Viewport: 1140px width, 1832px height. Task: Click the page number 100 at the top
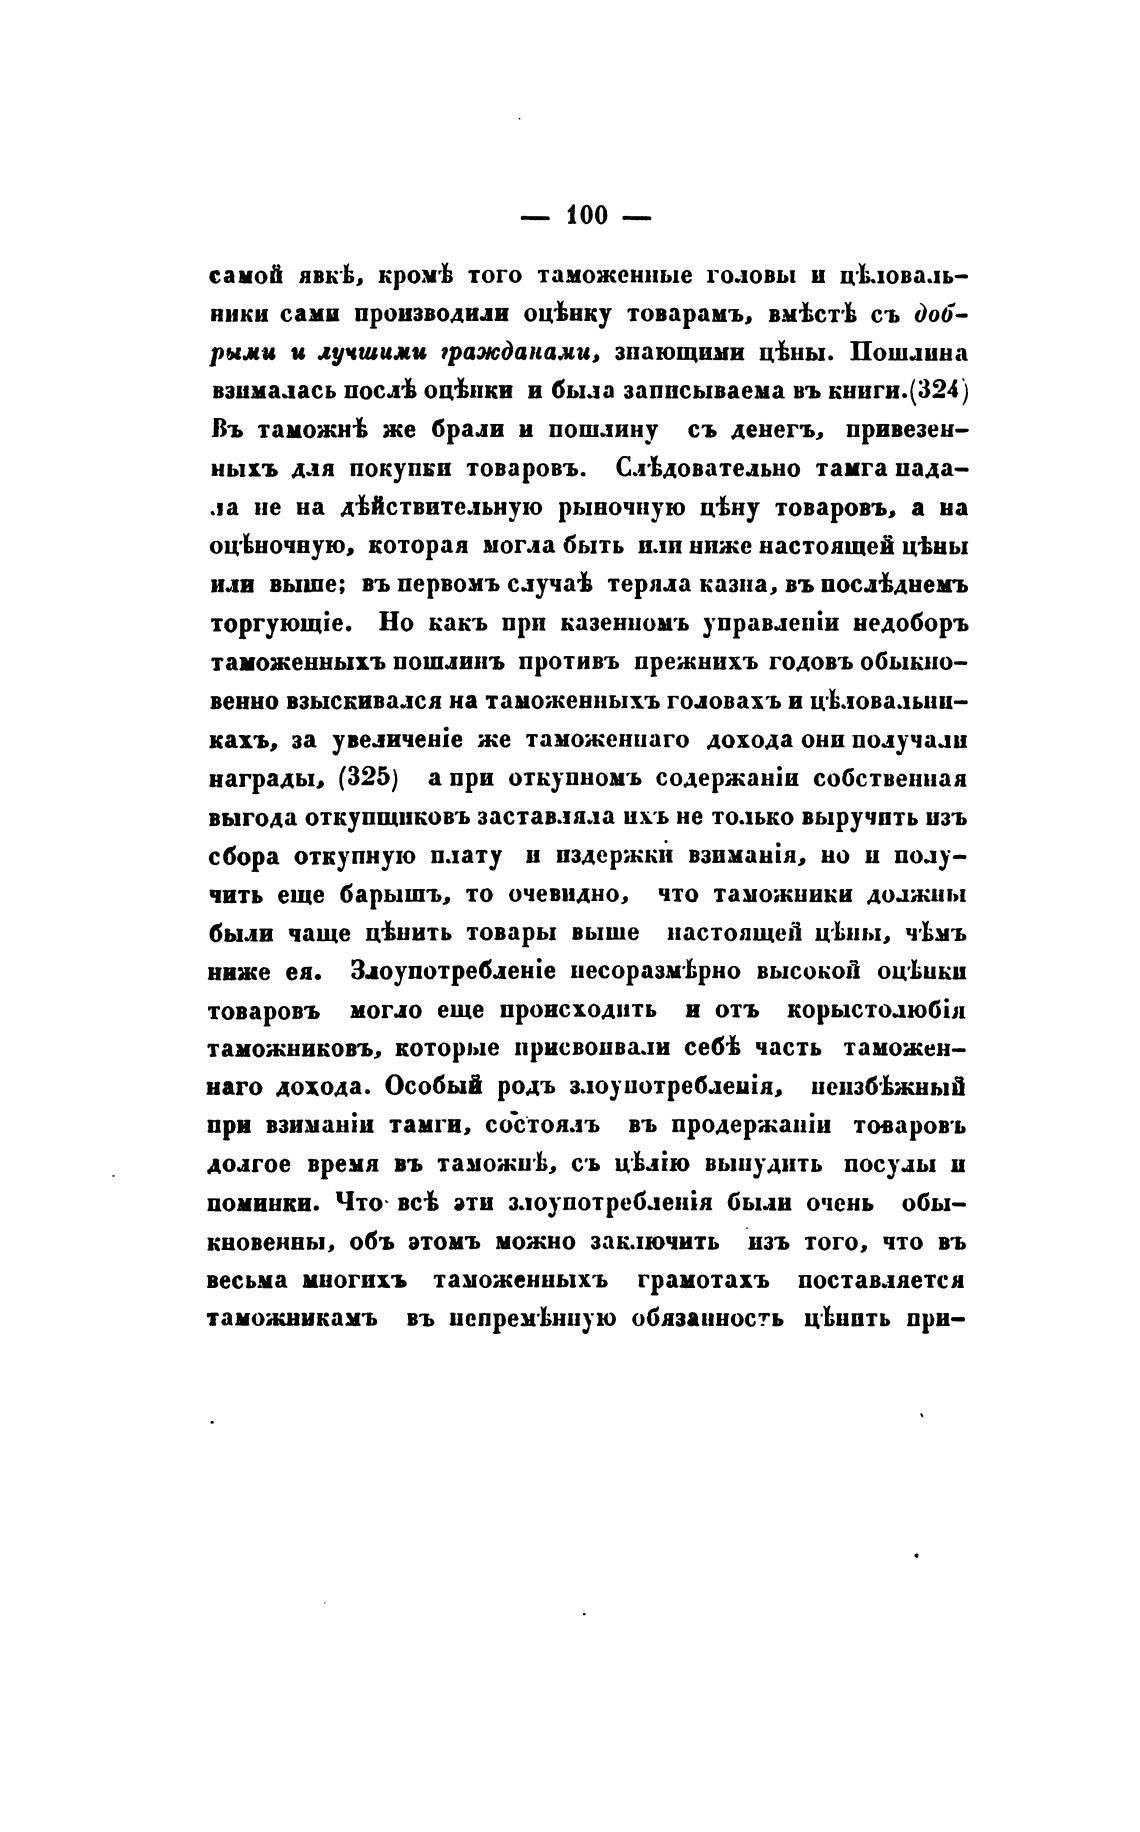pyautogui.click(x=586, y=215)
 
